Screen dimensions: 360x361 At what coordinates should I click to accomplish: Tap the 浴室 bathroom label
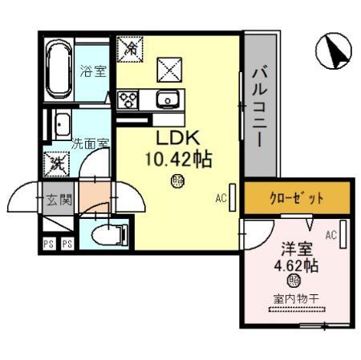click(x=91, y=71)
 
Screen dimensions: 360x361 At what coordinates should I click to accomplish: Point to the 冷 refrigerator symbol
click(x=128, y=48)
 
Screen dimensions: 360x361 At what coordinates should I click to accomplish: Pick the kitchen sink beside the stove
click(x=168, y=100)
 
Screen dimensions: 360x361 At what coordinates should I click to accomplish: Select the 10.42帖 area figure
click(x=178, y=159)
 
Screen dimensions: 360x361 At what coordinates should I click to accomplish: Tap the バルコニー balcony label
click(x=258, y=105)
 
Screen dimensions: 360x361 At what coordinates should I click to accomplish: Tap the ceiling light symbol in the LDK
click(x=177, y=182)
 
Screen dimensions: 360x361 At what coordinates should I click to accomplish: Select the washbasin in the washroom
click(x=62, y=124)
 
